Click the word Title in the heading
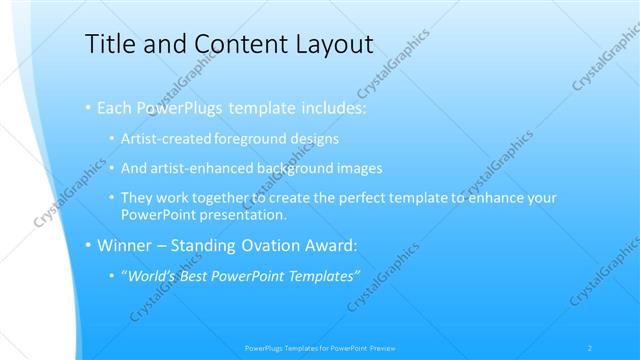[x=110, y=44]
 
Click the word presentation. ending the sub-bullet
[x=245, y=214]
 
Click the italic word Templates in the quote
[x=322, y=275]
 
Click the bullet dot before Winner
[x=88, y=244]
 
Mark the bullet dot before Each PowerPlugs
[x=88, y=106]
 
